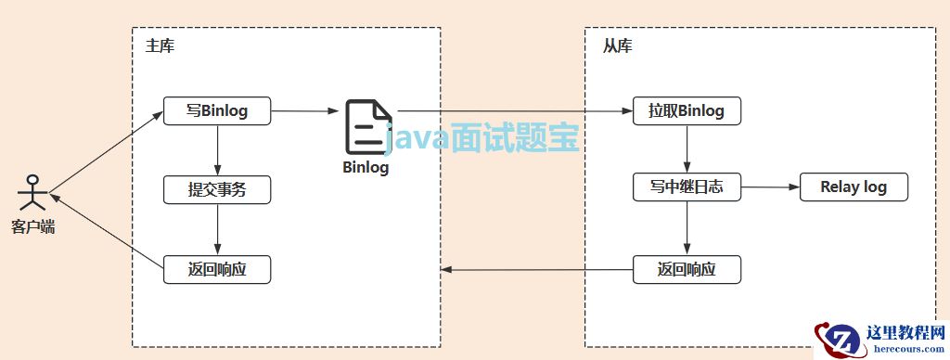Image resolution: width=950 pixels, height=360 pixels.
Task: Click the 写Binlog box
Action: click(x=217, y=111)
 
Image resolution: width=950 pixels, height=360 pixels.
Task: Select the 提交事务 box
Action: click(x=217, y=189)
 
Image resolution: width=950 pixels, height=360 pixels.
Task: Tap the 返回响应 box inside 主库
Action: click(x=217, y=269)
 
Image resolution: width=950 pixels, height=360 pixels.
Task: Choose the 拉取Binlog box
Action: click(x=687, y=111)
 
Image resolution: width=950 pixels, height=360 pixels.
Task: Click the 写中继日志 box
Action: click(x=687, y=187)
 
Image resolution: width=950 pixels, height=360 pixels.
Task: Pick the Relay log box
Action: click(x=854, y=187)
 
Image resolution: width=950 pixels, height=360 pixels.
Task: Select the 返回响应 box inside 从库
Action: click(x=687, y=269)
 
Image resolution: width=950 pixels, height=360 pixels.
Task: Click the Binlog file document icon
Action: click(x=366, y=128)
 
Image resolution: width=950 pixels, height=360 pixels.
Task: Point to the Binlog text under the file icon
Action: click(x=366, y=168)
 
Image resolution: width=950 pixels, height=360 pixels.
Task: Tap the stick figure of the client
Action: click(x=33, y=192)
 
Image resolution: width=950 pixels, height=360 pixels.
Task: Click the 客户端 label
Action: click(x=33, y=226)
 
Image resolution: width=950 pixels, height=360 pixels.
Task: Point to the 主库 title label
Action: click(x=160, y=46)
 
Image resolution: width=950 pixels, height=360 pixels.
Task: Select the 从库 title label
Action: click(x=617, y=46)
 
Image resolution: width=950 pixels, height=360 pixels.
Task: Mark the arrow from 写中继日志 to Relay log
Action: click(x=770, y=187)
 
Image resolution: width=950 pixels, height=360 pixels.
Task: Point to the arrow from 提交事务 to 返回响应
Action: click(x=217, y=229)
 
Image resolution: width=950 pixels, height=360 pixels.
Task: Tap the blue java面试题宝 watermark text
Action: click(x=482, y=139)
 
